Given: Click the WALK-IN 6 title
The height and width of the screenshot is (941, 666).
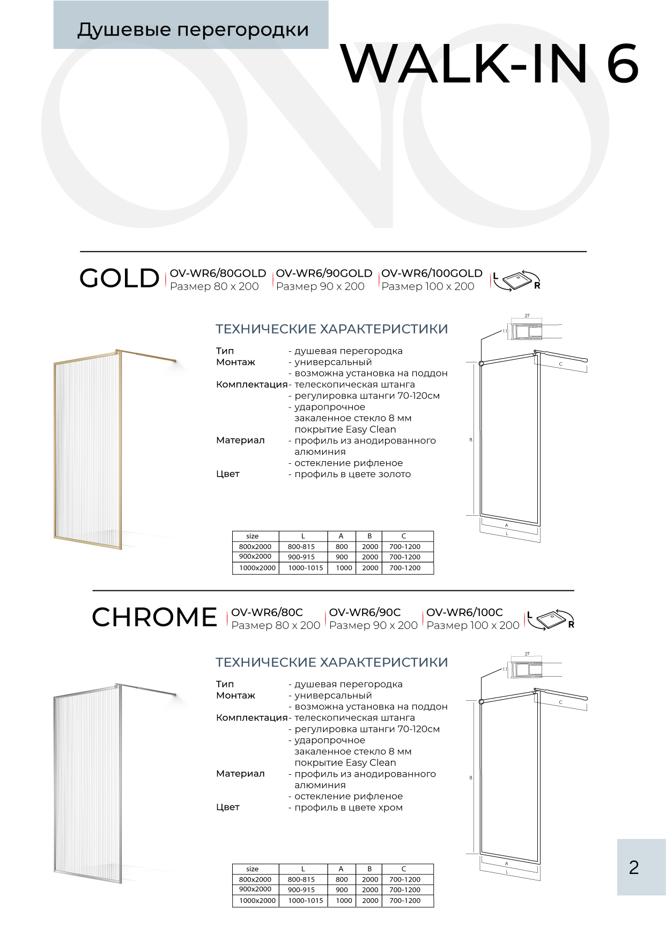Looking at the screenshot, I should pos(489,64).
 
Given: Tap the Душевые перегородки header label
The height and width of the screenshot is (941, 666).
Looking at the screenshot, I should pos(193,29).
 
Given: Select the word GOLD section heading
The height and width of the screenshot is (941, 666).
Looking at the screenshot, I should pos(120,278).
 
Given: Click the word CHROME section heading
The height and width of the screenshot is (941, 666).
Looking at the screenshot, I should pos(154,617).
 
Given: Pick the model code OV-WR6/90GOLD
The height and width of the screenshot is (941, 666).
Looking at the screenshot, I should pos(324,273).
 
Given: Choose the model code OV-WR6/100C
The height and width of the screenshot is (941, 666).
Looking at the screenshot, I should pos(464,612).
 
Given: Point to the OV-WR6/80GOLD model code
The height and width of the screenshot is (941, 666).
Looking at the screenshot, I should pos(218,273).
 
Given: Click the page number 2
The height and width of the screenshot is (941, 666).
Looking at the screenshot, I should pos(634,867).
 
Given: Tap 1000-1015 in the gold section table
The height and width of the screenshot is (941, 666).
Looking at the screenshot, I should pos(306,568).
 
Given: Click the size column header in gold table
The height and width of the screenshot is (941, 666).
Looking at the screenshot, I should pos(253,536).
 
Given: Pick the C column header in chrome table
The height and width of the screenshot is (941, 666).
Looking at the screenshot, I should pos(404,869).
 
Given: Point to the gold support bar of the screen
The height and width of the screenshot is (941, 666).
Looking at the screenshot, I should pos(147,355).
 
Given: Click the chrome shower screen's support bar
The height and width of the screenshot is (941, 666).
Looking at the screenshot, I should pos(147,689).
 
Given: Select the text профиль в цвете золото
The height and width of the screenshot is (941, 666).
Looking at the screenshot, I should pos(352,474).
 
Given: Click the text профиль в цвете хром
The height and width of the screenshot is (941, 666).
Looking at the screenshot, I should pos(349,807).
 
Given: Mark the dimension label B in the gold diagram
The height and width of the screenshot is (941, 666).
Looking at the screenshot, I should pos(471,440).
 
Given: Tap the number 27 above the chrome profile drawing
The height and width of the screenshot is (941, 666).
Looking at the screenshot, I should pos(527,654).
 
